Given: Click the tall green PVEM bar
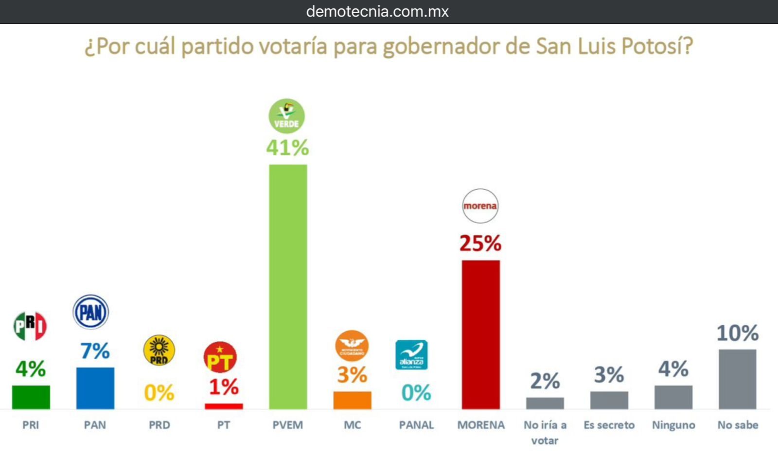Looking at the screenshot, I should click(288, 287).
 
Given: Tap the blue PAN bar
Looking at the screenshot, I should click(95, 388).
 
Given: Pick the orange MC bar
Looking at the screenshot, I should click(352, 400).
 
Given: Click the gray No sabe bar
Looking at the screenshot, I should click(737, 379).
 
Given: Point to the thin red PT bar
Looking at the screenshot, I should click(224, 406).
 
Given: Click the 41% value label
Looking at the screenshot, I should click(287, 148).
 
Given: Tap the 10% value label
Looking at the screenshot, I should click(737, 333).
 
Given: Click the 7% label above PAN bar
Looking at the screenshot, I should click(95, 351).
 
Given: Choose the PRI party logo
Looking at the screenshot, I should click(30, 326).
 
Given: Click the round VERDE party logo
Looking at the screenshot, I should click(287, 116).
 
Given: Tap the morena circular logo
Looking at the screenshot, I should click(480, 206).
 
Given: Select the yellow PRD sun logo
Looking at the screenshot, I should click(159, 350).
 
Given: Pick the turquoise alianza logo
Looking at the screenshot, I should click(411, 355).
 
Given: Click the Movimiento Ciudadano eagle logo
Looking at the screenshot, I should click(352, 346).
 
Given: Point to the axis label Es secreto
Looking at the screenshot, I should click(609, 425).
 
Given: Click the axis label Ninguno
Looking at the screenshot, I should click(673, 425).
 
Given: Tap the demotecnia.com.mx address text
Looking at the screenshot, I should click(377, 12).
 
